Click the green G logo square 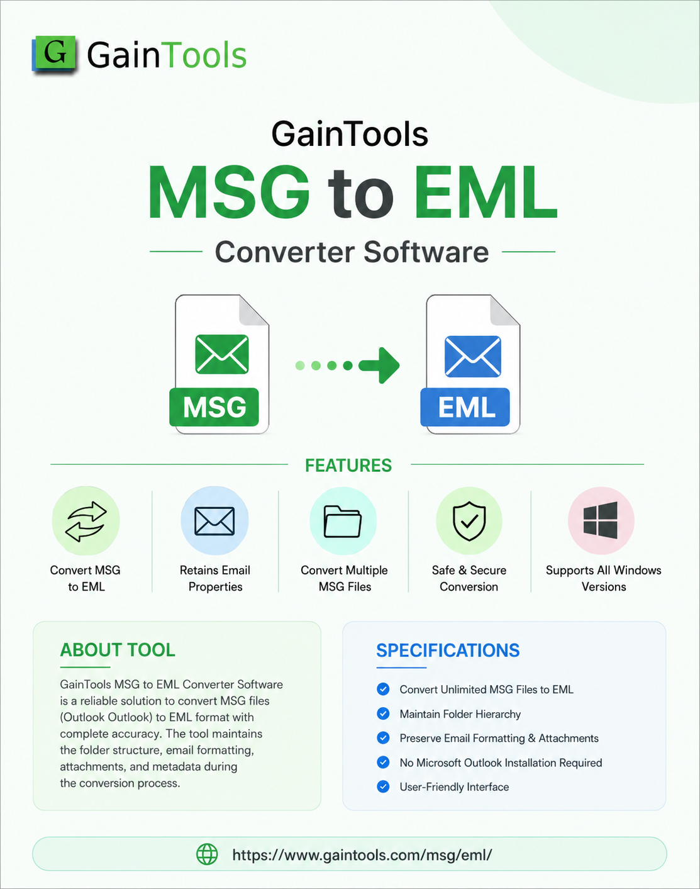click(55, 53)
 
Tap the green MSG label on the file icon click(214, 407)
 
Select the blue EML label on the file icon click(465, 407)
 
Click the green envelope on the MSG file click(222, 354)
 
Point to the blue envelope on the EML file click(473, 355)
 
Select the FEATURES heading click(348, 466)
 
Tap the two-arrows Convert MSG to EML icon click(86, 521)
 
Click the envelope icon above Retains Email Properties click(214, 521)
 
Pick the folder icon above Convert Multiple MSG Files click(343, 522)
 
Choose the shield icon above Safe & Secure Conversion click(470, 521)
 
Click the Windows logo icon click(601, 520)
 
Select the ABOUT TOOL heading click(118, 650)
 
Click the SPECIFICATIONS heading click(448, 650)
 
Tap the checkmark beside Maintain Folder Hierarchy click(383, 713)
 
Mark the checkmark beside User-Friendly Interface click(383, 786)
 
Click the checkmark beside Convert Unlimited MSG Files click(383, 689)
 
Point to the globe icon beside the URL click(207, 855)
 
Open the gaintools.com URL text click(362, 855)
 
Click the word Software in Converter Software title click(426, 252)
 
